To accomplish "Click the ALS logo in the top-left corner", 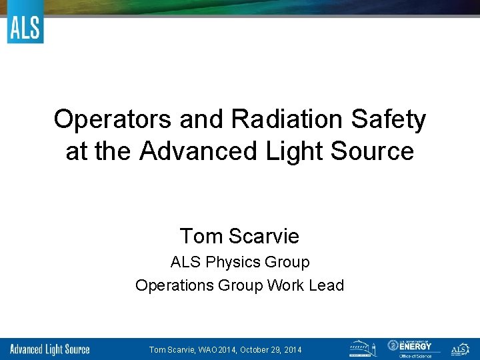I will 25,28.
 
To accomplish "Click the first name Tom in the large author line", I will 201,236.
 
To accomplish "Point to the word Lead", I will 326,285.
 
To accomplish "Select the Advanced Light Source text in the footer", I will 51,349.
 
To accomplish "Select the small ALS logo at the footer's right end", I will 460,349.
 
